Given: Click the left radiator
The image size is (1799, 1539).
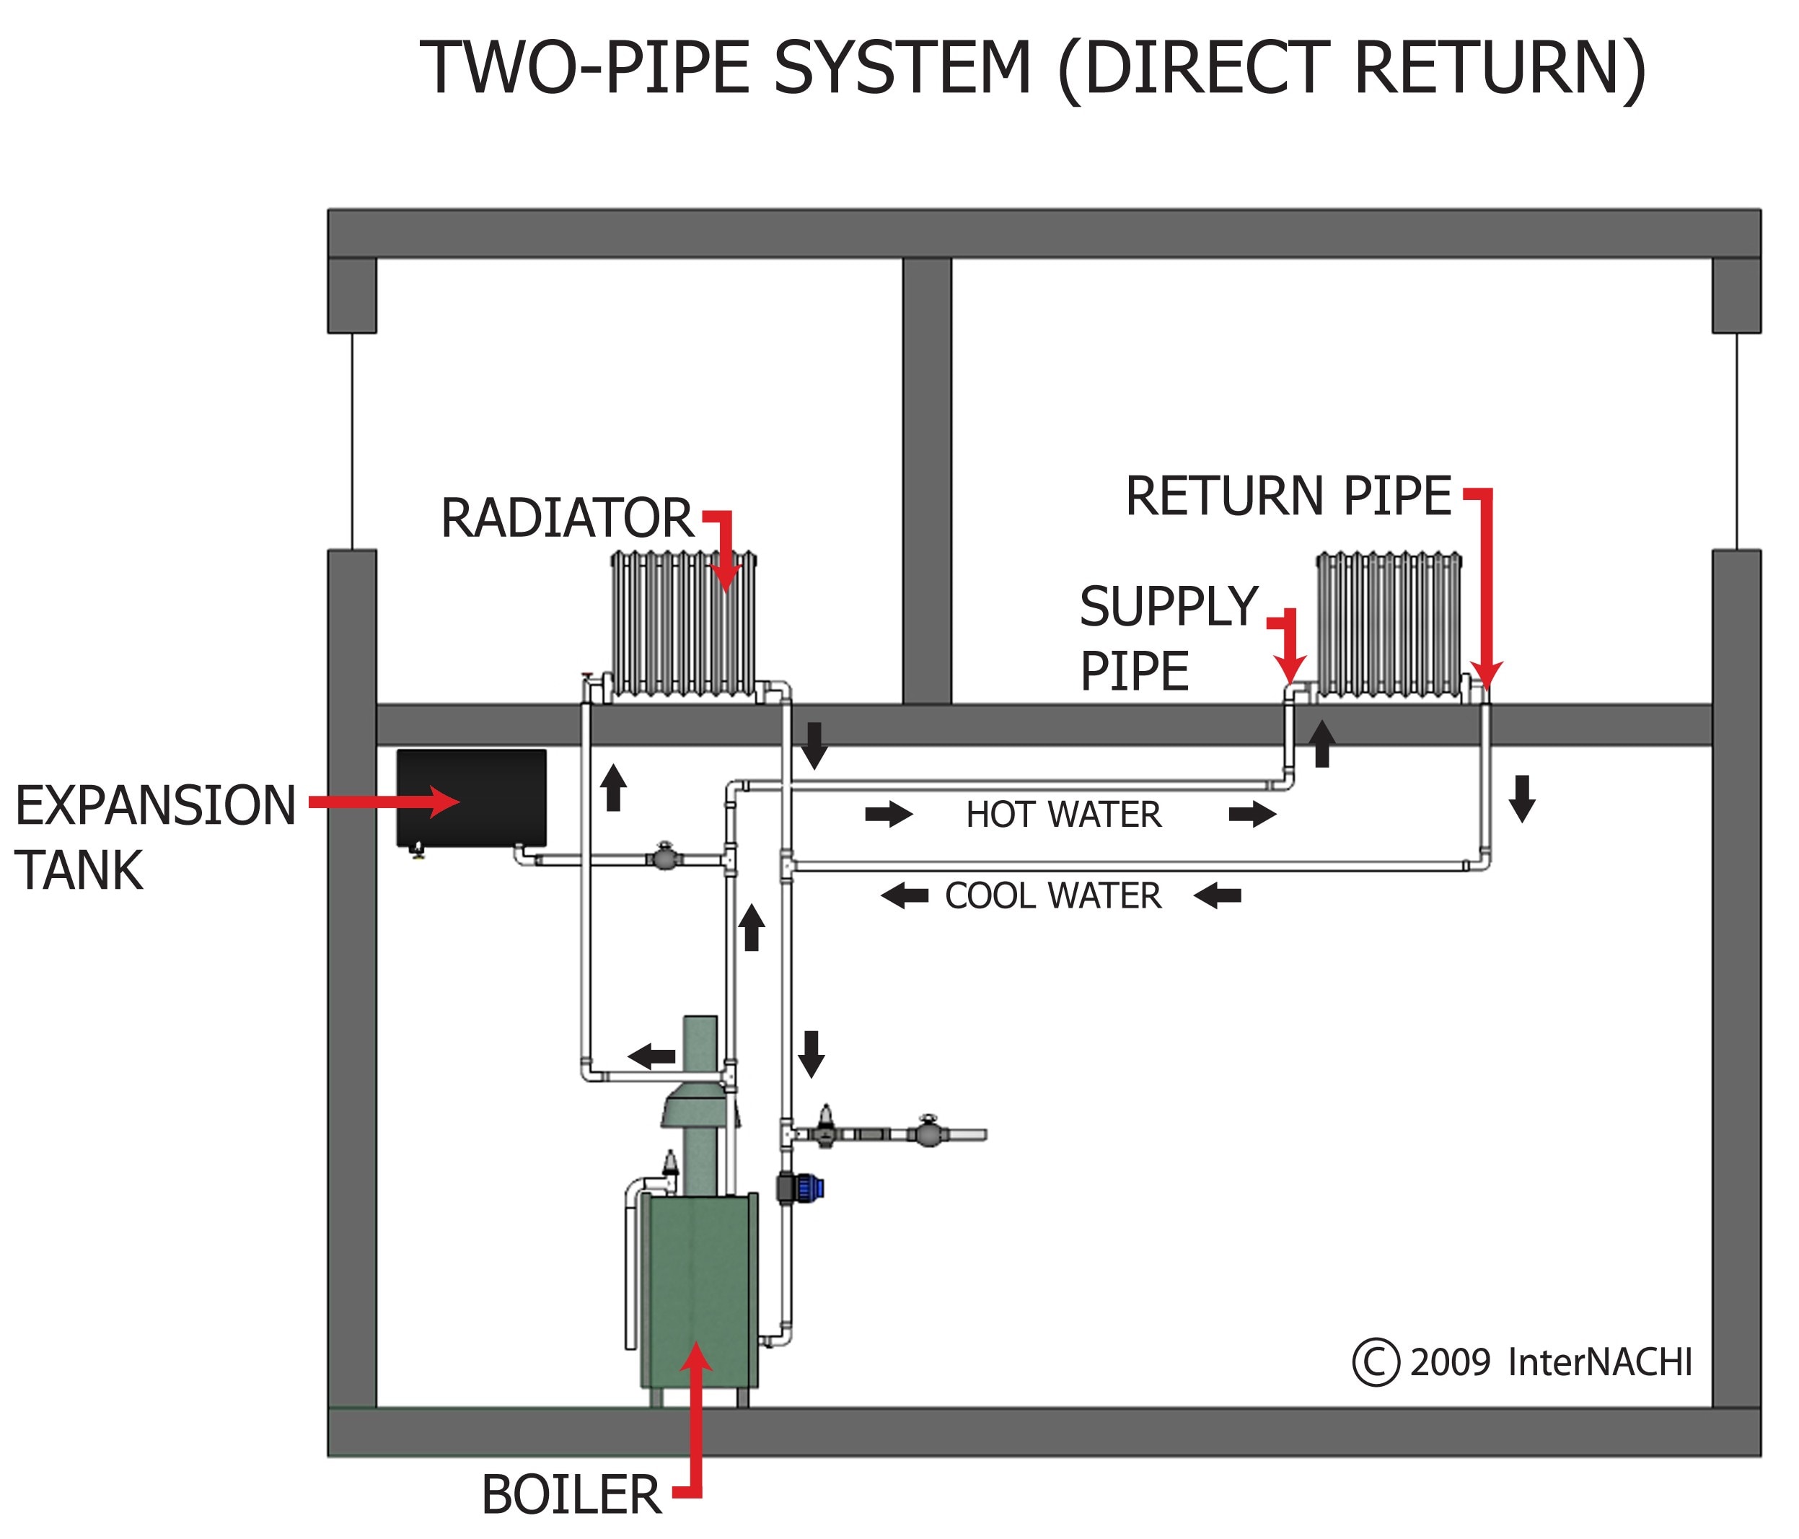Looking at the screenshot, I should [x=683, y=623].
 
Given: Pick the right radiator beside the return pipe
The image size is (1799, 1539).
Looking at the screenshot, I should [x=1389, y=623].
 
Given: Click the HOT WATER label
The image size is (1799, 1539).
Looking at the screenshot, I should [x=1063, y=815].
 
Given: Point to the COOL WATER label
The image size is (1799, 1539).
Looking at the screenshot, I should [x=1052, y=896].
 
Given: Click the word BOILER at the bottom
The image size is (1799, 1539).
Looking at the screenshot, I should [x=571, y=1495].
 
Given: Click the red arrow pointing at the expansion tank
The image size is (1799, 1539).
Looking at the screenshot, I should [x=382, y=802].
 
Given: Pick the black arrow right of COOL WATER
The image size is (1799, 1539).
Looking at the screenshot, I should [x=1218, y=895].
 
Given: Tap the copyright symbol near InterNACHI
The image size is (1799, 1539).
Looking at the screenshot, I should [x=1376, y=1361].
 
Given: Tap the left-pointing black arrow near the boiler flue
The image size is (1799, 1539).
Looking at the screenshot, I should [x=651, y=1056].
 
